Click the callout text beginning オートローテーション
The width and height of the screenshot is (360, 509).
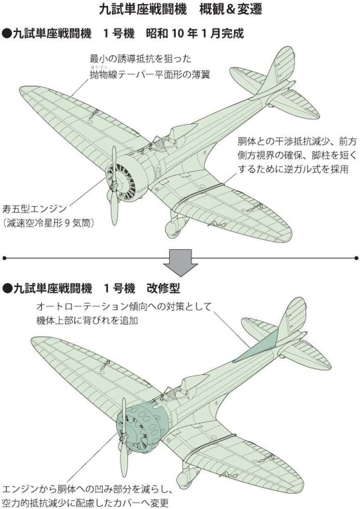[125, 306]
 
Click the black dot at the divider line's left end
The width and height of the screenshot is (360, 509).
[4, 257]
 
